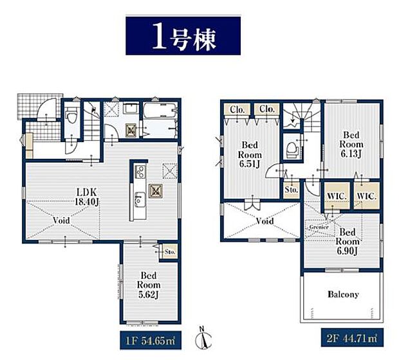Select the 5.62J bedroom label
pos(149,283)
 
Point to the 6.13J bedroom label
pos(351,145)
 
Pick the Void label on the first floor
pos(62,219)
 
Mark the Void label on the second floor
pos(264,221)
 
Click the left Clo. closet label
pos(237,110)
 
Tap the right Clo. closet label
pos(267,110)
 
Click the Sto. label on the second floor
pos(291,190)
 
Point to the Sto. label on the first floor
pos(171,251)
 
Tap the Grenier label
pos(320,227)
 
